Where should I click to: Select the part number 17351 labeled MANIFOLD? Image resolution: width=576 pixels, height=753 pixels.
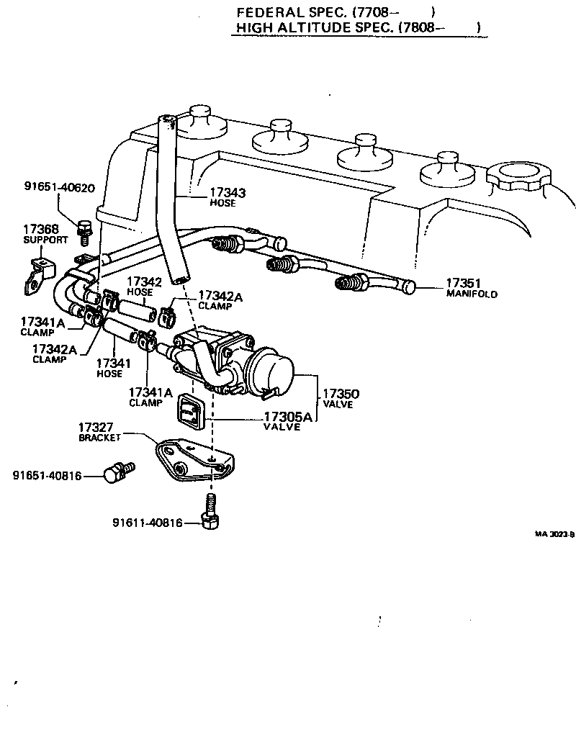(x=463, y=284)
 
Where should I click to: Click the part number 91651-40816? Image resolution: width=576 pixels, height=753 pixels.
(x=48, y=476)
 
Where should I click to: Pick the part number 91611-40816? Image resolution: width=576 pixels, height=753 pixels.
(x=148, y=523)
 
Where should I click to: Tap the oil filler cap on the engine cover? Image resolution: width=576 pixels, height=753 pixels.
(x=517, y=175)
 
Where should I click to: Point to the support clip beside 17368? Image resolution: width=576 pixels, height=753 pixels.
(x=36, y=274)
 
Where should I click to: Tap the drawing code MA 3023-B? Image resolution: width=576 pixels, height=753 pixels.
(x=554, y=534)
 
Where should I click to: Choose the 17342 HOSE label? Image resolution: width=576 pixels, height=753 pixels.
(x=140, y=286)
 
